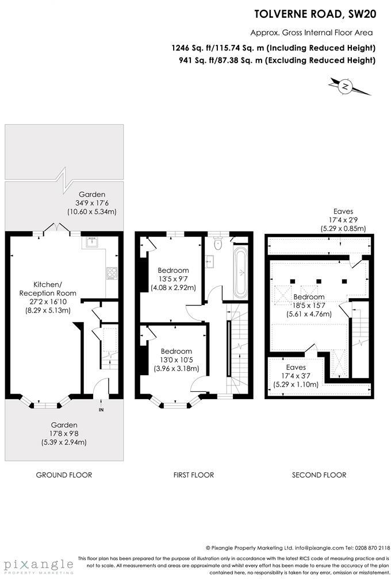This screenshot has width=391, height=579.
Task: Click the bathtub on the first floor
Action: tap(240, 273)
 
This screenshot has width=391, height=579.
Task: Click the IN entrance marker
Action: tap(101, 410)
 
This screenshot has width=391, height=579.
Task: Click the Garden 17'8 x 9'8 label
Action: tap(64, 434)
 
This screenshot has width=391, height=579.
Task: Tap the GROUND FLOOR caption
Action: tap(64, 475)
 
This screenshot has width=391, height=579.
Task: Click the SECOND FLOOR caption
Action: tap(319, 475)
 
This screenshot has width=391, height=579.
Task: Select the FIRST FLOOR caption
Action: tap(193, 475)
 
